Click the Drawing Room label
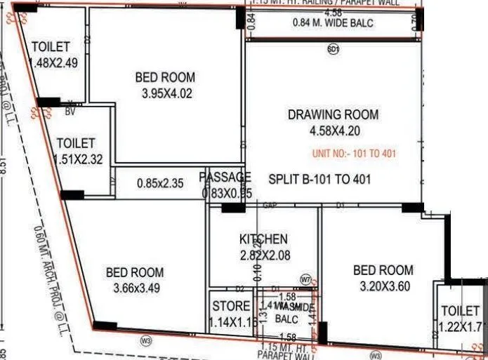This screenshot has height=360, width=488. click(x=333, y=114)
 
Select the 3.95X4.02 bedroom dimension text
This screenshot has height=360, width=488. click(x=165, y=93)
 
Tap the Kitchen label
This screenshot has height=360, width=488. click(x=263, y=239)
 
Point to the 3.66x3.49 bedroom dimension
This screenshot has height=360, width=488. click(x=134, y=288)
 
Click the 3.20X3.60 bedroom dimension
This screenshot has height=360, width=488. click(x=383, y=286)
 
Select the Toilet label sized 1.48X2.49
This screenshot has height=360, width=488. click(x=51, y=47)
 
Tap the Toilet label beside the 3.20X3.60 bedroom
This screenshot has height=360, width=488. click(x=460, y=310)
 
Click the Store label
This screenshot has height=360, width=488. click(x=230, y=306)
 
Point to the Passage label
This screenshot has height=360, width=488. click(x=225, y=177)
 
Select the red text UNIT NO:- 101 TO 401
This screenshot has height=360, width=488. click(x=352, y=154)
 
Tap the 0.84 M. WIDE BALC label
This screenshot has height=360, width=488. click(x=332, y=24)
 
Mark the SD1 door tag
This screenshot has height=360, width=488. click(x=333, y=49)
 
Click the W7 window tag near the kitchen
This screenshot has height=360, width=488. click(x=305, y=280)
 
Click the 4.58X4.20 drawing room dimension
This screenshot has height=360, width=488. click(x=333, y=131)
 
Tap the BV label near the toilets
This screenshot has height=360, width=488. click(x=70, y=111)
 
